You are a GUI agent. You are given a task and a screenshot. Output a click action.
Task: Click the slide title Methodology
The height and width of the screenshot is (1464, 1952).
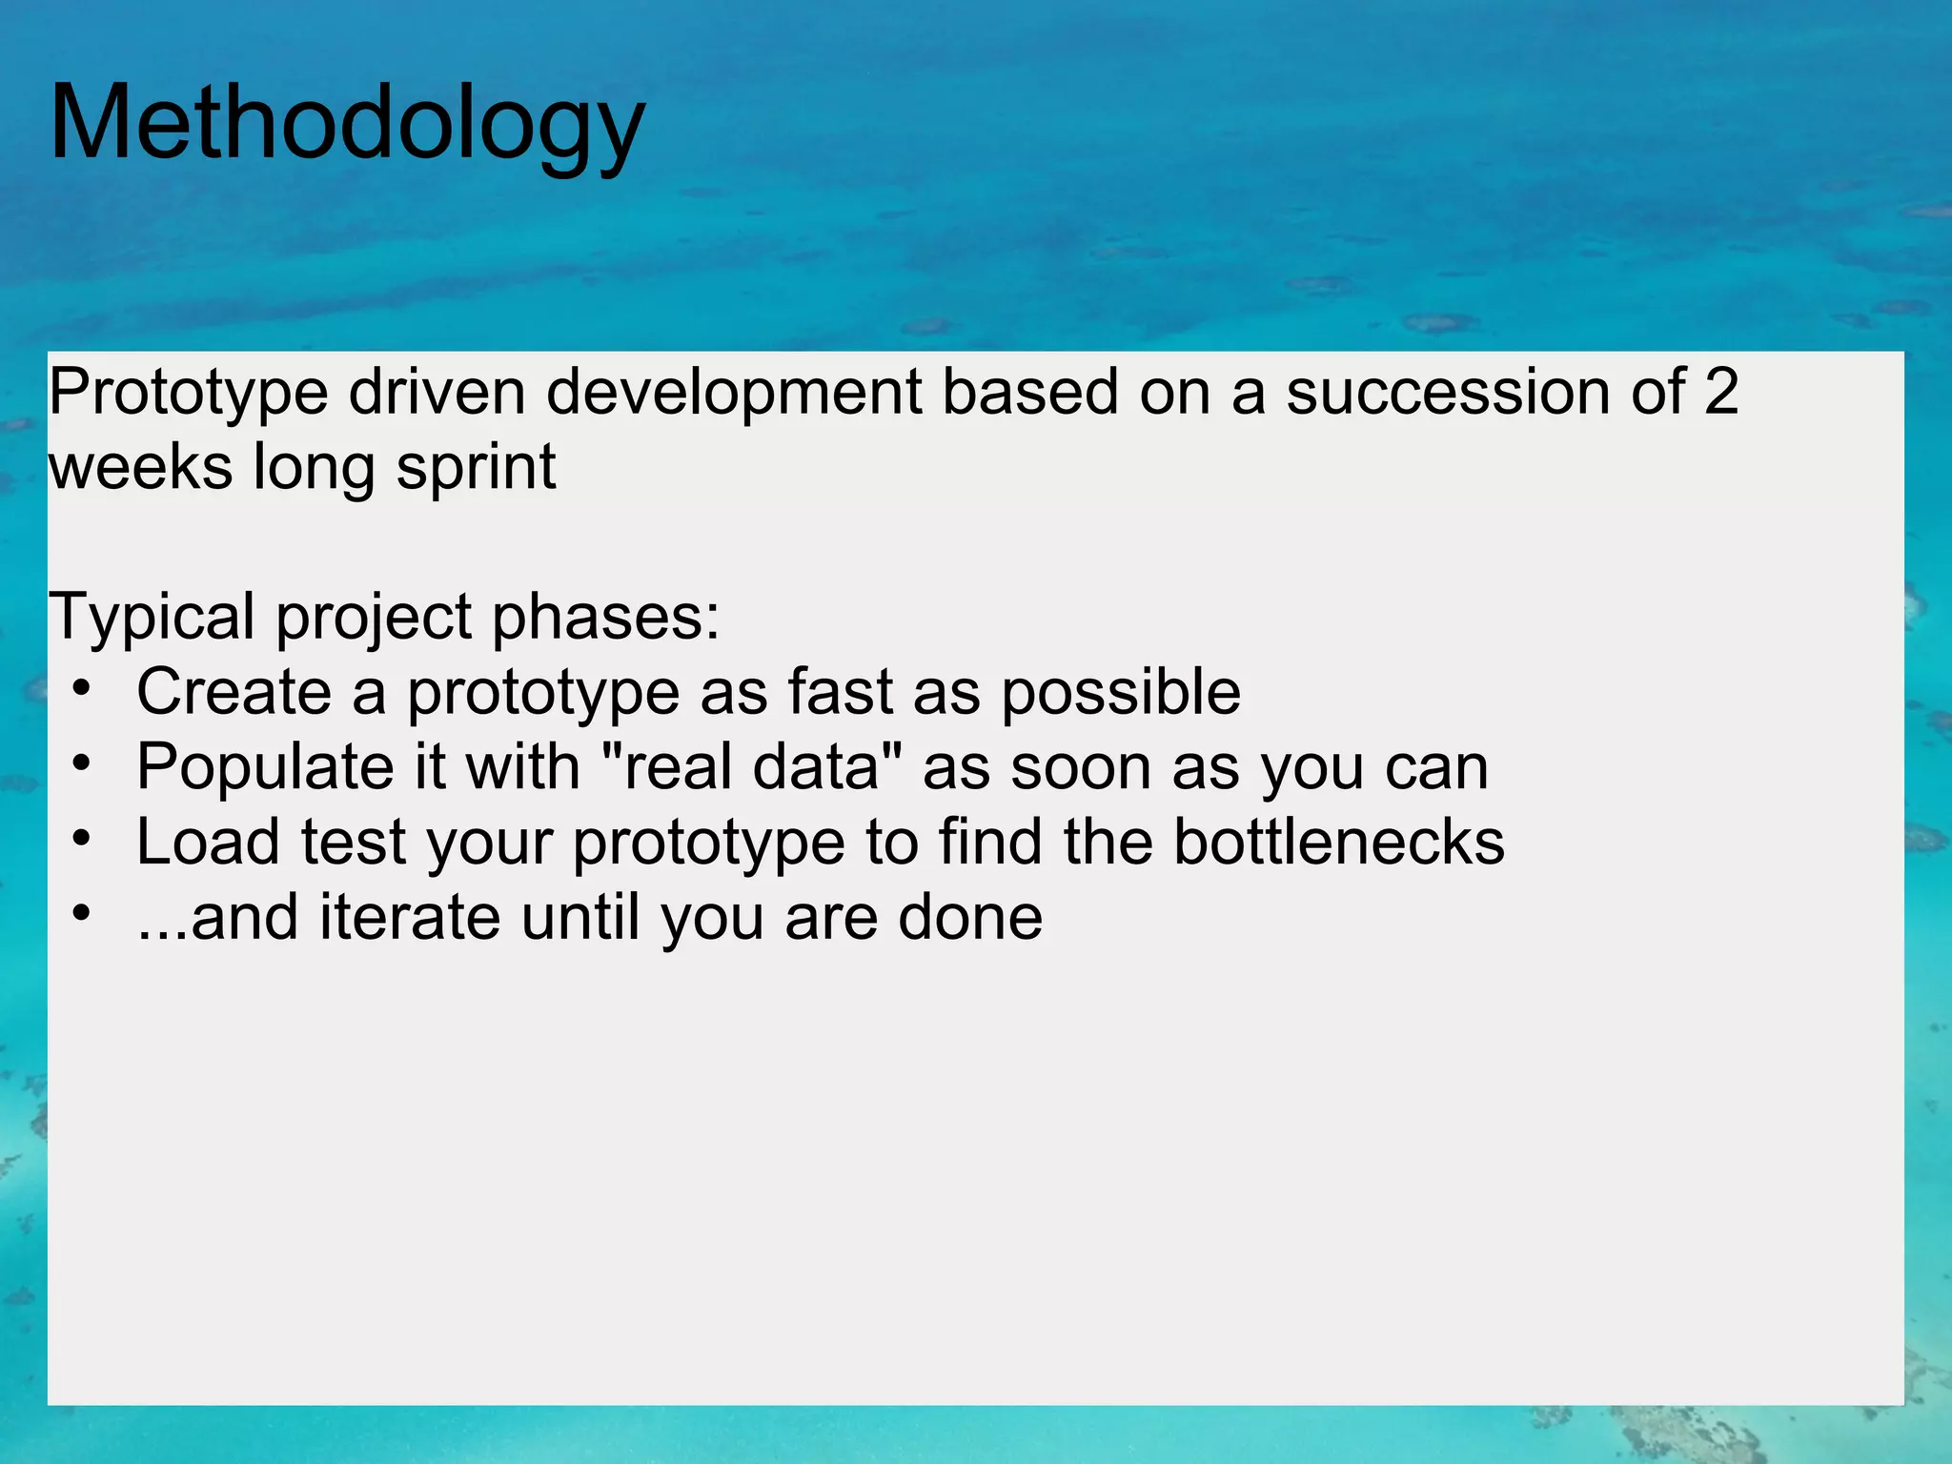(347, 124)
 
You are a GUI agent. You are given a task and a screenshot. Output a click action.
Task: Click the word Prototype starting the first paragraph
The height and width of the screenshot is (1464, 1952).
(188, 393)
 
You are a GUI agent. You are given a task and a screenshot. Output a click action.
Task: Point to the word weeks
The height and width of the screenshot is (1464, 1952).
(140, 467)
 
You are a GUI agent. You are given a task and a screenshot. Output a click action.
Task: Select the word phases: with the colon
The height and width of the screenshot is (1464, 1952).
(606, 618)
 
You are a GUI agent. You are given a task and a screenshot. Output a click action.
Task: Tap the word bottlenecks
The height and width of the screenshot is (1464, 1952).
(1338, 842)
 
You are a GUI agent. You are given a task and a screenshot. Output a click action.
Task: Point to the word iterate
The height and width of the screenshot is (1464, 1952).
(410, 917)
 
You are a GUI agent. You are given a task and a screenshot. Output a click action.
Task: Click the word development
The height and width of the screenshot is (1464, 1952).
(734, 393)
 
